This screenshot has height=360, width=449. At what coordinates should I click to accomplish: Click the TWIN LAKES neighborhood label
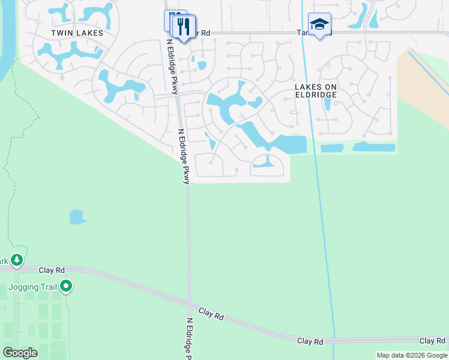point(77,33)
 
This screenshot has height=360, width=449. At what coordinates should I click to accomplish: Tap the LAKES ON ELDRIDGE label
point(316,91)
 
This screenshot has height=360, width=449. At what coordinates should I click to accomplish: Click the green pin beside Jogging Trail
point(66,287)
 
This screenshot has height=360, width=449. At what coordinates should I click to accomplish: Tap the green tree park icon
point(17,260)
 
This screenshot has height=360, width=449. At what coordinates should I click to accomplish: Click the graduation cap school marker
point(319,25)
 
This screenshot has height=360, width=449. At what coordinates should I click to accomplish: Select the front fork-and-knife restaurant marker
point(184,26)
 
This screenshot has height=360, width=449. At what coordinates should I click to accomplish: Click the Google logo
point(20,353)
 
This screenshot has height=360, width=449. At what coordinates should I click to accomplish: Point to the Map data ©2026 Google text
point(412,355)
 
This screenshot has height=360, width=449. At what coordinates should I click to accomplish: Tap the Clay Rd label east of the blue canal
point(432,341)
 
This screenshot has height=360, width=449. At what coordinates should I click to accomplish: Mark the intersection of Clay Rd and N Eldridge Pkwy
point(189,302)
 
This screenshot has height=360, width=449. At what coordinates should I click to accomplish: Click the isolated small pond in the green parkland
point(77,217)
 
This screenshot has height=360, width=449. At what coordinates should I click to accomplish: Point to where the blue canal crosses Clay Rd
point(333,340)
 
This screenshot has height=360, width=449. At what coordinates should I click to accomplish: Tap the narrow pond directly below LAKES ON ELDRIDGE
point(327,103)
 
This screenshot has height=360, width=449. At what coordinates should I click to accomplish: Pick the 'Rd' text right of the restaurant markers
point(205,33)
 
